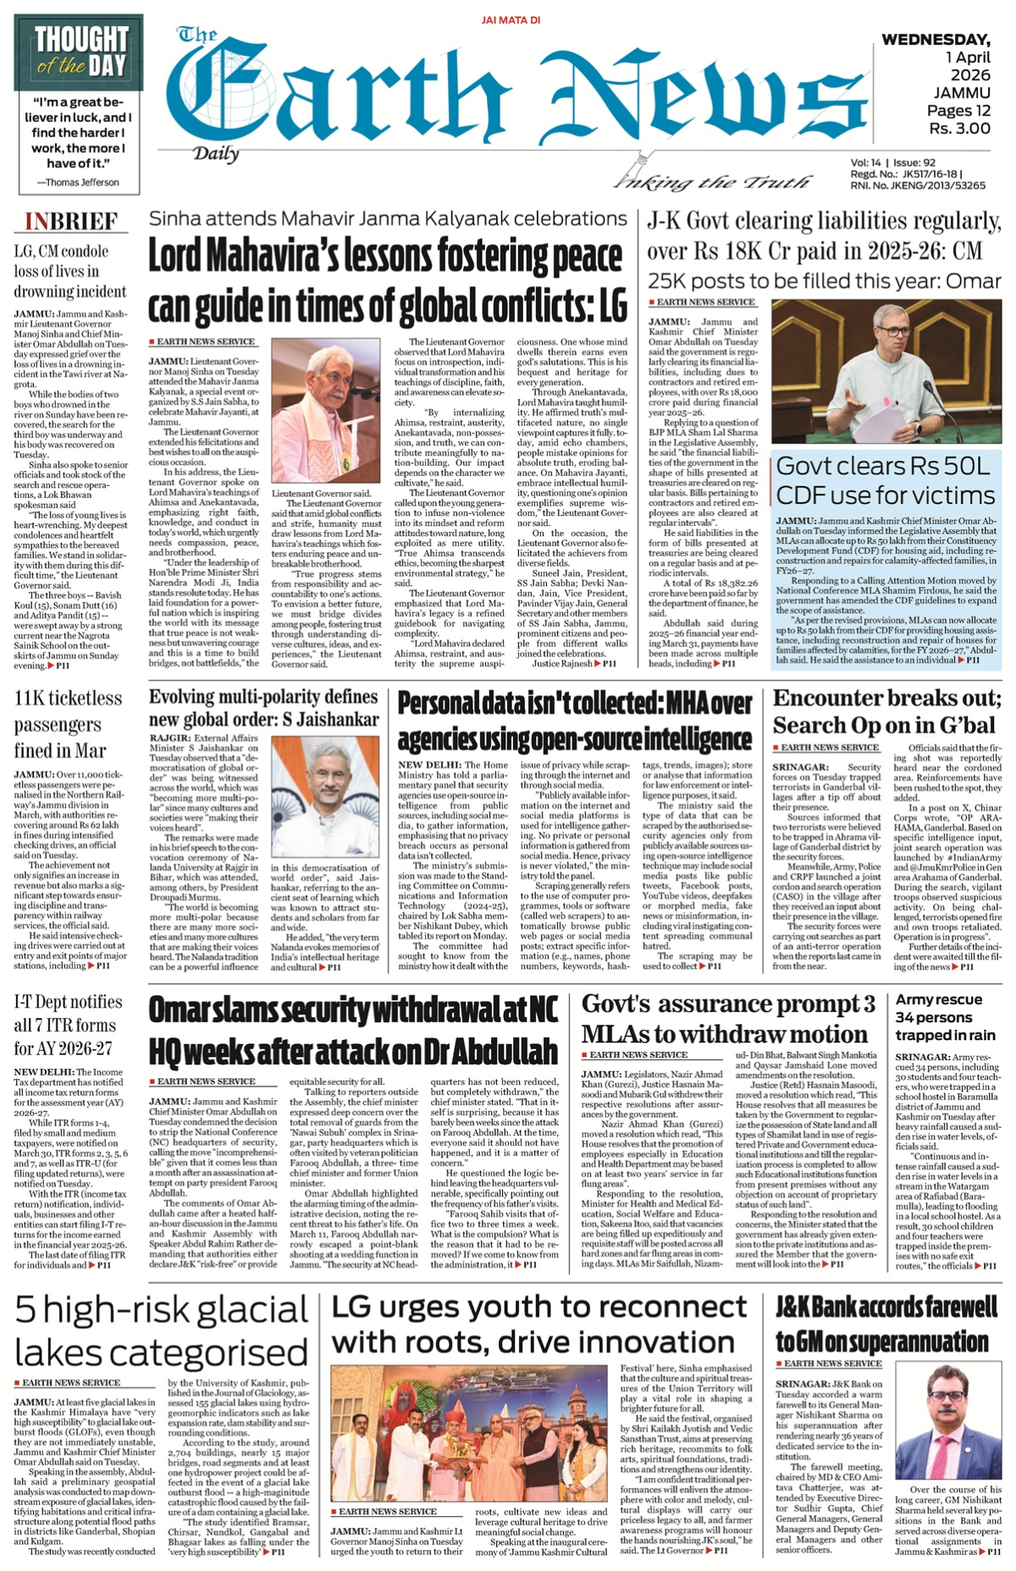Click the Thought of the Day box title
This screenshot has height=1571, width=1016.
pyautogui.click(x=81, y=52)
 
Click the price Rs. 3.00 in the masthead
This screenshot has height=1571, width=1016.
pyautogui.click(x=959, y=129)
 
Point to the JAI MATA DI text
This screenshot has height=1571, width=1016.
pyautogui.click(x=510, y=19)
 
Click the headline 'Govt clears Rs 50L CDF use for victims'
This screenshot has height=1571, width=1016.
pyautogui.click(x=885, y=480)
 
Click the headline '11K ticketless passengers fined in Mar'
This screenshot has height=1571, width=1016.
pyautogui.click(x=69, y=724)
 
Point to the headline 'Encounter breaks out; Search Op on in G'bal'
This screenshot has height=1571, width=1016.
pyautogui.click(x=886, y=711)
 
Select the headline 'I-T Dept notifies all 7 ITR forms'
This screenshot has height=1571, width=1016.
pyautogui.click(x=69, y=1025)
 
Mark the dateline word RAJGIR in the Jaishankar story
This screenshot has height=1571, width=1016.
pyautogui.click(x=168, y=738)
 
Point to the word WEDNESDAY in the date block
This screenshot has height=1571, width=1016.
pyautogui.click(x=936, y=40)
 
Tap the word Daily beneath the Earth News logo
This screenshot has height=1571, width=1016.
pyautogui.click(x=215, y=153)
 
